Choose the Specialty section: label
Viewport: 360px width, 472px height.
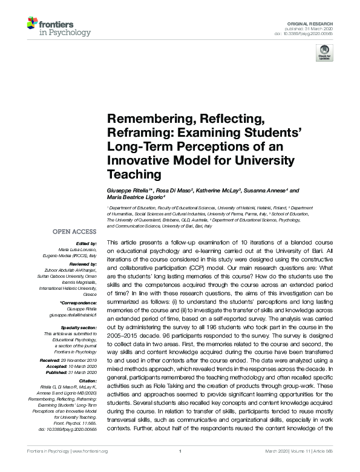(78, 327)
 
